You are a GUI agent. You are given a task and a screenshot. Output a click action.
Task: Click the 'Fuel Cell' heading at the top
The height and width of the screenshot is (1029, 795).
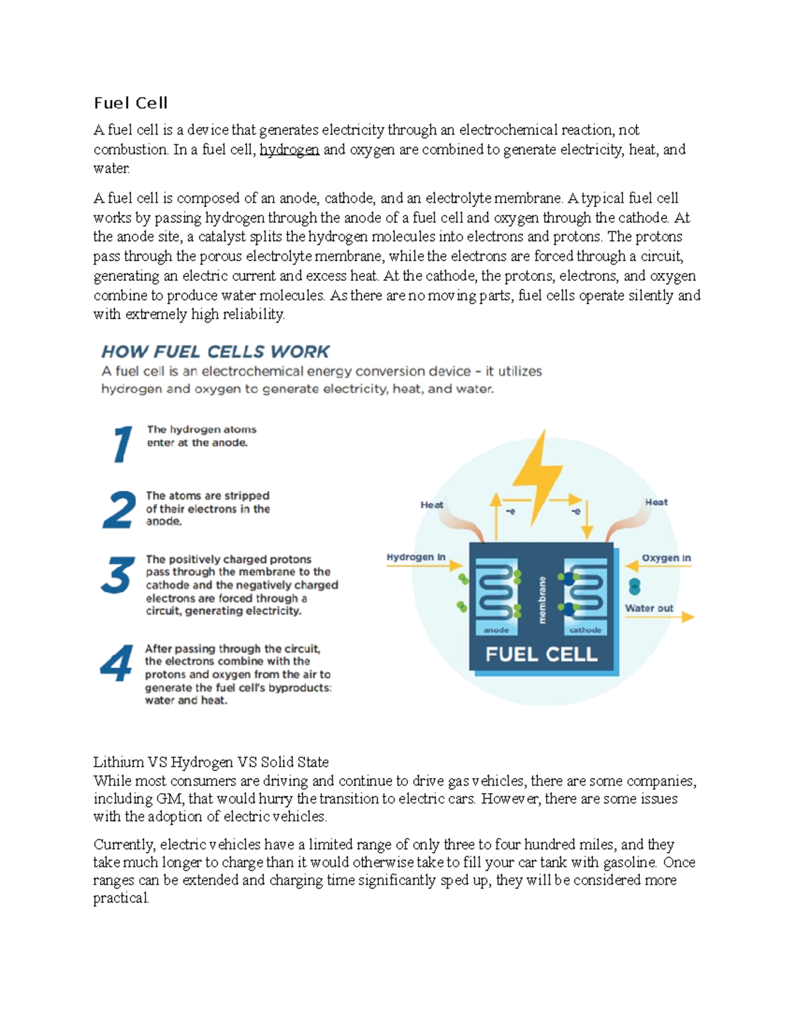coord(131,103)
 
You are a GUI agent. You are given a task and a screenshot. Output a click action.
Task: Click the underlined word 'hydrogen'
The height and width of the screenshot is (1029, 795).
coord(289,150)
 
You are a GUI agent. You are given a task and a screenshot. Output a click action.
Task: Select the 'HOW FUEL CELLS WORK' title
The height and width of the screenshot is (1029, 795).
coord(215,351)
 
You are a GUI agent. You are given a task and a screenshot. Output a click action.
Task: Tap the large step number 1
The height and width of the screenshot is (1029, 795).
coord(122,444)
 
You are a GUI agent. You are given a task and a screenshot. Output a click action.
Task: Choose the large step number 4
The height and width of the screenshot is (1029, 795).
coord(117,664)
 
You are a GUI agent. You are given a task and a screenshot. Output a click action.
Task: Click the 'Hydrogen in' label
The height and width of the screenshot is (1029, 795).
coord(416,557)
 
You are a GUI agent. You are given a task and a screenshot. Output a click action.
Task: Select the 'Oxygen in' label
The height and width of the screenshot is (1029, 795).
coord(666,558)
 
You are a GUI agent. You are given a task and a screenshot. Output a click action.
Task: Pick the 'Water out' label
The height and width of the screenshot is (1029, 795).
coord(649,608)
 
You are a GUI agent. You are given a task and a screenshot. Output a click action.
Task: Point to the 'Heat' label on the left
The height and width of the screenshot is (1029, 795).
coord(432,505)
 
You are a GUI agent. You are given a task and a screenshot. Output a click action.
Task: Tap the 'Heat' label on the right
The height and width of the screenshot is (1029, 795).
coord(656,502)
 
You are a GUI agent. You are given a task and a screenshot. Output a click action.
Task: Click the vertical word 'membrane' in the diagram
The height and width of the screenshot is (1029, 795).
coord(542,600)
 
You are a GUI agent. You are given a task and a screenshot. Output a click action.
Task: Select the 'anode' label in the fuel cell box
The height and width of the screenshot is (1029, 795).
coord(496,630)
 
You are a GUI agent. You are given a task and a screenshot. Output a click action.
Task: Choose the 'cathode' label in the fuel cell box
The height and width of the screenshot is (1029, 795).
coord(586,630)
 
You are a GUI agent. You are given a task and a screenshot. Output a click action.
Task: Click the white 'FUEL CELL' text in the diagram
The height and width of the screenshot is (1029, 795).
coord(541,655)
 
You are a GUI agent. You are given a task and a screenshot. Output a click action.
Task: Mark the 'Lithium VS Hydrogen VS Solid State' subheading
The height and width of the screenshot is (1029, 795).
coord(211,762)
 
